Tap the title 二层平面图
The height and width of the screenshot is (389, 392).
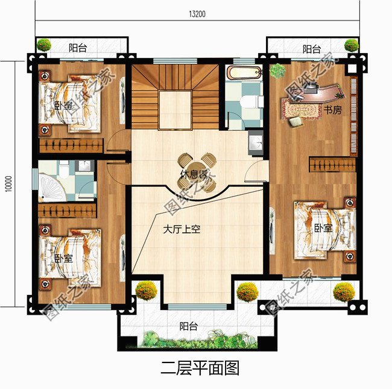197,367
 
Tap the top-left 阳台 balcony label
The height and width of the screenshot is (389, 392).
77,48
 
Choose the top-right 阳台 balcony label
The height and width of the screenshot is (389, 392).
311,48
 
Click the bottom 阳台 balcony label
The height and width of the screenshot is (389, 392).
189,326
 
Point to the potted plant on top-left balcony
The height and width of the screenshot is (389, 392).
43,45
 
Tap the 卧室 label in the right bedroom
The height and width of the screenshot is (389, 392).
323,229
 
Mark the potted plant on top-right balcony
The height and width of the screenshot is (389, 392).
352,45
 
